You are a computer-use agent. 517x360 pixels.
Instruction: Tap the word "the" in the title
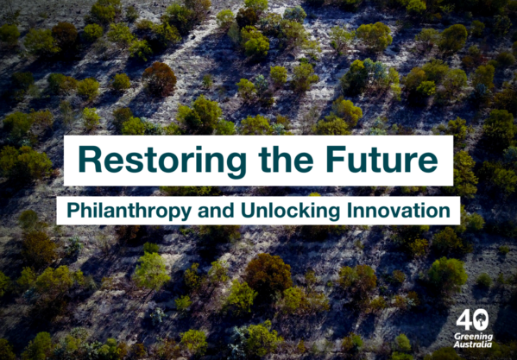[286, 158]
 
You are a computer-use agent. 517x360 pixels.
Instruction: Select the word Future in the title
[382, 159]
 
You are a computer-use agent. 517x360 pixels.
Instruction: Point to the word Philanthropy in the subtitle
[129, 212]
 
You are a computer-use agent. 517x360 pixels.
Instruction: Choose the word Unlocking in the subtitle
[291, 212]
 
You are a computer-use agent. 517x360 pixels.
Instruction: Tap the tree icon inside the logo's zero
[481, 319]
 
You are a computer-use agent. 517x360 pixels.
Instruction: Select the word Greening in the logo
[473, 338]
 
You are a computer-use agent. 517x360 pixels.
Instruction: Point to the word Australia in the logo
[473, 344]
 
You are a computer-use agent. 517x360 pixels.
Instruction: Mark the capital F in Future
[337, 159]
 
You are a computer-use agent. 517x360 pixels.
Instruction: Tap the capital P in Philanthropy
[73, 211]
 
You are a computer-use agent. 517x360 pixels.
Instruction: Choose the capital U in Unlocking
[248, 211]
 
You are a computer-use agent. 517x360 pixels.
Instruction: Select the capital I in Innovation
[349, 211]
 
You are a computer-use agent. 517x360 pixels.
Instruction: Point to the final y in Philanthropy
[186, 214]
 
